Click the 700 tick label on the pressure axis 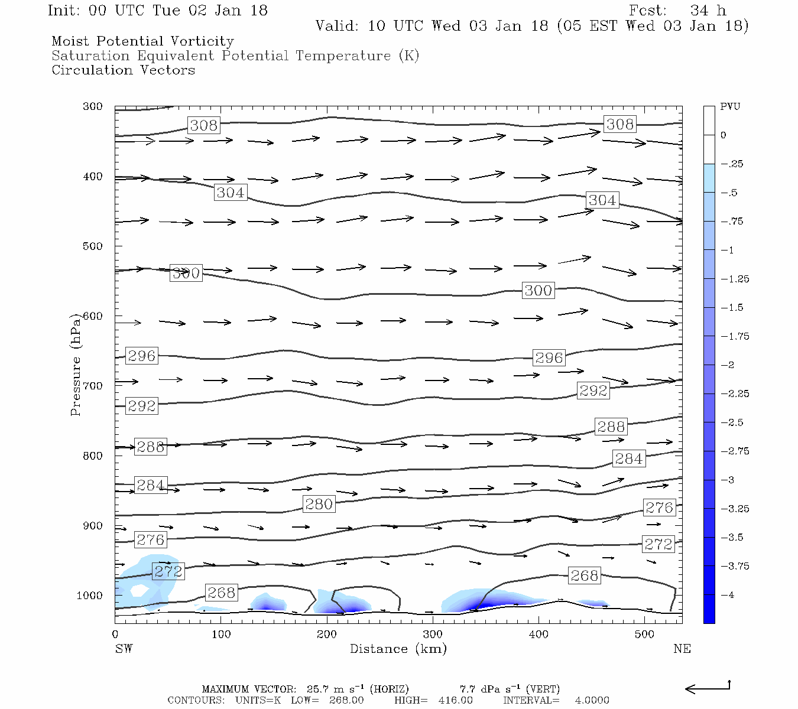(93, 386)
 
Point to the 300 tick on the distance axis (433, 635)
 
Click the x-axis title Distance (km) (398, 649)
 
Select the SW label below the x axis (124, 649)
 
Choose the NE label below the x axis (682, 649)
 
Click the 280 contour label (319, 504)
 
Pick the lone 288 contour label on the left (150, 447)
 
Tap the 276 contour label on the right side (659, 508)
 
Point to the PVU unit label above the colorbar (730, 107)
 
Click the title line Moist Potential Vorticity (142, 41)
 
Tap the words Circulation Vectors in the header (123, 70)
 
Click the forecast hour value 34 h (708, 11)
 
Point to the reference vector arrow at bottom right (708, 688)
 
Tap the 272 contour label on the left (168, 571)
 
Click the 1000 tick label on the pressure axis (90, 596)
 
